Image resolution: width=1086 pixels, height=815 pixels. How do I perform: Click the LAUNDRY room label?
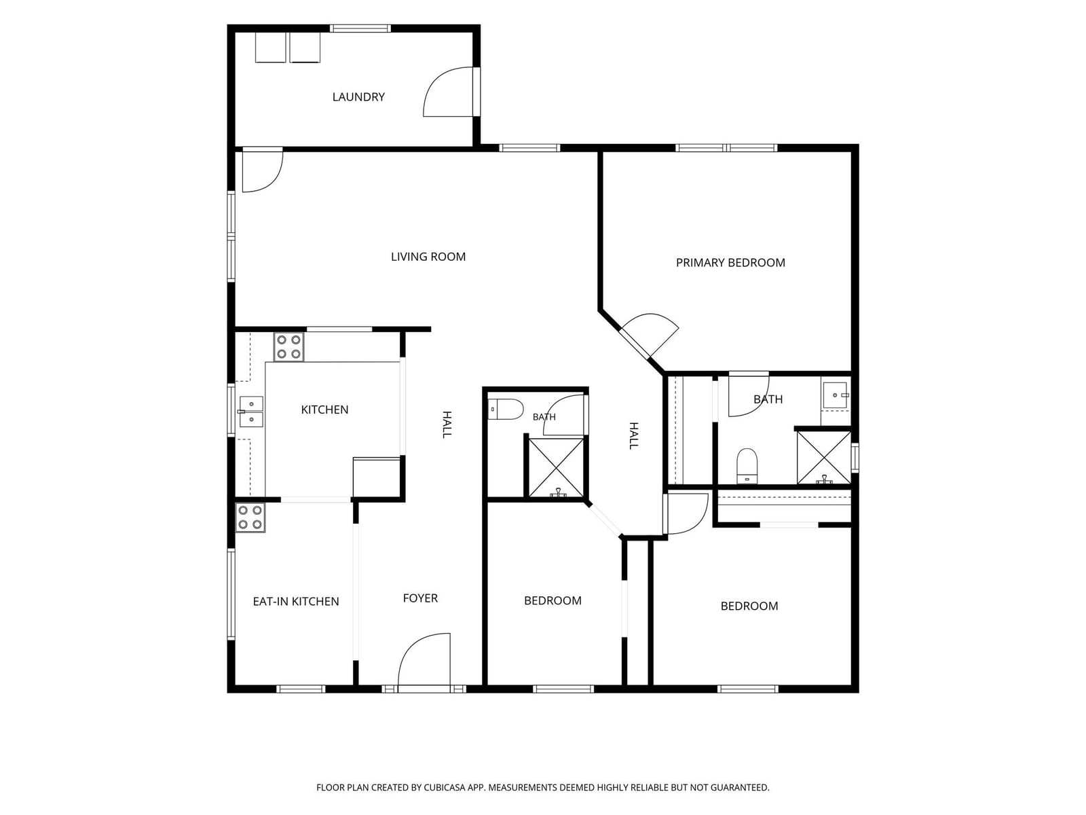click(358, 97)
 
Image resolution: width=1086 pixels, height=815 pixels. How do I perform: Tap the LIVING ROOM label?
click(428, 257)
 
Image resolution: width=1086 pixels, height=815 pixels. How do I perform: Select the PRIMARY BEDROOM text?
click(730, 263)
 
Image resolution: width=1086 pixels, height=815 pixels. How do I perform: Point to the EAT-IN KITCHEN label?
click(296, 601)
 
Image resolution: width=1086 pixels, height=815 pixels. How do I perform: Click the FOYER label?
click(420, 598)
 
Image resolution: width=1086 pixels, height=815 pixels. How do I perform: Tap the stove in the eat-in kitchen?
click(250, 517)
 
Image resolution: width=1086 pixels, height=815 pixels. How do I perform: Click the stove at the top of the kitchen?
click(289, 347)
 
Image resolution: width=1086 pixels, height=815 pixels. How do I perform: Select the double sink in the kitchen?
click(251, 411)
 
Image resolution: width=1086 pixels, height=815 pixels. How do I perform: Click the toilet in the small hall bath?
click(506, 410)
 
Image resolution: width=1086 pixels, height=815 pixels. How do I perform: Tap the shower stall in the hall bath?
click(557, 468)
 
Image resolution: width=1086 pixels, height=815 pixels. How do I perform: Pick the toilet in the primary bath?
click(747, 466)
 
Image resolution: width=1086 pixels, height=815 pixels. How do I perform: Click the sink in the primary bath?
click(836, 395)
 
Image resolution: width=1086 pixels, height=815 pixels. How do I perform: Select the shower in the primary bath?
click(824, 457)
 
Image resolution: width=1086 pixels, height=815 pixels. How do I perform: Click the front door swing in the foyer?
click(424, 659)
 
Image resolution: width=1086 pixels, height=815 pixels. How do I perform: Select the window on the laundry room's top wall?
click(360, 29)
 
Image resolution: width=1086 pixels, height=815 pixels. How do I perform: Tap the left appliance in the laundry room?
click(271, 48)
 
